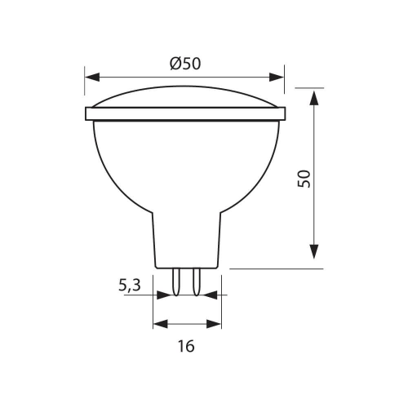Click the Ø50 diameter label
186,64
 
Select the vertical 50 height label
304,180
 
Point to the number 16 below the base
186,345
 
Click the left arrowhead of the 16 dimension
158,323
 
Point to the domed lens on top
186,96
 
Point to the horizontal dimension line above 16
186,323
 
